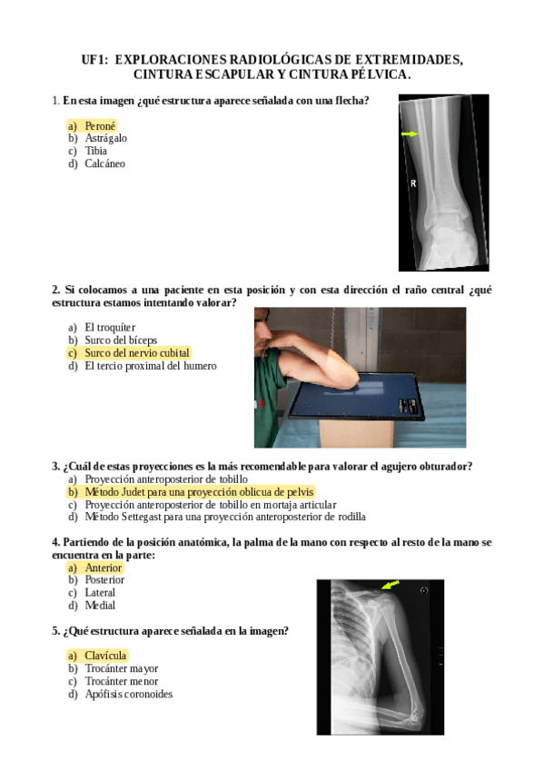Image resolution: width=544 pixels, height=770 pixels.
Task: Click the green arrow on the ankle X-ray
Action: pyautogui.click(x=410, y=133)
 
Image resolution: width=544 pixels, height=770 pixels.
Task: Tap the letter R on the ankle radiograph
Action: pyautogui.click(x=413, y=183)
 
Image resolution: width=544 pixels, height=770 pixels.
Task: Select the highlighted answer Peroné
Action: pyautogui.click(x=92, y=125)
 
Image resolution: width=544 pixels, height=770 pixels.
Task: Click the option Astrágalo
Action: pyautogui.click(x=98, y=139)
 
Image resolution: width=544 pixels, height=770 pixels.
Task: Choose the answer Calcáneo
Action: pyautogui.click(x=97, y=163)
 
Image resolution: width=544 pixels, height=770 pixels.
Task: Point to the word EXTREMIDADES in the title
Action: pyautogui.click(x=409, y=59)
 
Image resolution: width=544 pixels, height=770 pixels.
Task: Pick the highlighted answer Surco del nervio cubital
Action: pyautogui.click(x=129, y=352)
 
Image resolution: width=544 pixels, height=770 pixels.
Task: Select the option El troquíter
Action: pyautogui.click(x=102, y=327)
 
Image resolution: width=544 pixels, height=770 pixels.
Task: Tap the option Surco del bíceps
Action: pyautogui.click(x=113, y=340)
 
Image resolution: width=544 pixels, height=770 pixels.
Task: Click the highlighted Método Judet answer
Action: pyautogui.click(x=191, y=491)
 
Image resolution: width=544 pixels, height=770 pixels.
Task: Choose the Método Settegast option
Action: pyautogui.click(x=216, y=517)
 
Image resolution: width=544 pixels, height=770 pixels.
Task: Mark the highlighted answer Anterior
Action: pyautogui.click(x=94, y=568)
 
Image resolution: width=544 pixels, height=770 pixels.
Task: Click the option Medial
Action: pyautogui.click(x=92, y=606)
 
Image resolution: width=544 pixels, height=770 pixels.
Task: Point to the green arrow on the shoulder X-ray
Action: pyautogui.click(x=391, y=585)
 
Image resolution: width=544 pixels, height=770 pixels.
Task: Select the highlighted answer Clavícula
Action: pyautogui.click(x=97, y=656)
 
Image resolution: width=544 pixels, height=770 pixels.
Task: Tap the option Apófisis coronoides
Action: pyautogui.click(x=120, y=694)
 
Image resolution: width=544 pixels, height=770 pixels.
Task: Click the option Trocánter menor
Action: pyautogui.click(x=113, y=681)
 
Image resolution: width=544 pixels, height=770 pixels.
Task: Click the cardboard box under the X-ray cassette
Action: pyautogui.click(x=357, y=433)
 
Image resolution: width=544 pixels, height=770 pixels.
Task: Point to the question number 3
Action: pyautogui.click(x=56, y=466)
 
